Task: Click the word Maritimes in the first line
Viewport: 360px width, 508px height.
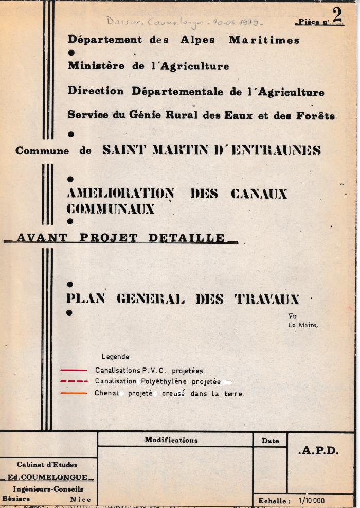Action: tap(264, 40)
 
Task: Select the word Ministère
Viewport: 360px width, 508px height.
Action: tap(95, 66)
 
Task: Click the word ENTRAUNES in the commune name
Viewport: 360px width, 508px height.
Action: tap(278, 150)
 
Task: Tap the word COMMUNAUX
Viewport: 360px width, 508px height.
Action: tap(111, 208)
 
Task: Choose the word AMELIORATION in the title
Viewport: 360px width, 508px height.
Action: tap(120, 194)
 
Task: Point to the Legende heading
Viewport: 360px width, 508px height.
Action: tap(115, 357)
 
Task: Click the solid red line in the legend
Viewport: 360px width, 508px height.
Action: tap(74, 370)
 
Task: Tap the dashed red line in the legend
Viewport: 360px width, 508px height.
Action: tap(74, 382)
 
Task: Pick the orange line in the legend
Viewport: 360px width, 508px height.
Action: tap(74, 394)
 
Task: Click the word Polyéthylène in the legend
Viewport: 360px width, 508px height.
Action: tap(165, 382)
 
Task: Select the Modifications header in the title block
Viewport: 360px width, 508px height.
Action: tap(171, 440)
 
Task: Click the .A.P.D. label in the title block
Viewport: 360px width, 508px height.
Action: tap(318, 451)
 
